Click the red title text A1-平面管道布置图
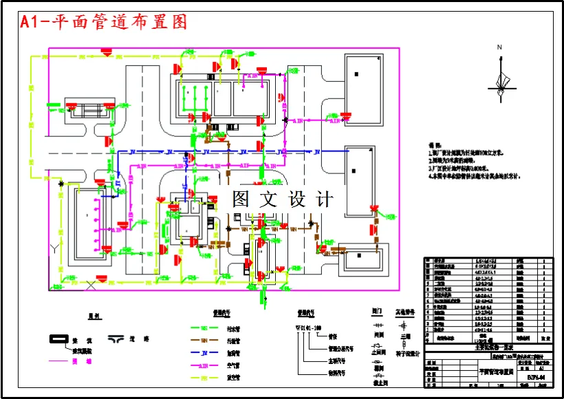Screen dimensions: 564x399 click(103, 22)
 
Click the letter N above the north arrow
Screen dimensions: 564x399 click(501, 47)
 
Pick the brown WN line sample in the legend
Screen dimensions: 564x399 click(204, 341)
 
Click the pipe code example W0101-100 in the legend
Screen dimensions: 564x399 click(309, 329)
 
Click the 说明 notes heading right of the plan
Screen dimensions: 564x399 click(434, 145)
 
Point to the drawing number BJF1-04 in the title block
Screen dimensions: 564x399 click(535, 377)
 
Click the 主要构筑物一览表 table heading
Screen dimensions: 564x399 click(494, 348)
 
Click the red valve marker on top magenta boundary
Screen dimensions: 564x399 click(107, 50)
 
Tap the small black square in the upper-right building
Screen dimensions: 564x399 click(356, 74)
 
